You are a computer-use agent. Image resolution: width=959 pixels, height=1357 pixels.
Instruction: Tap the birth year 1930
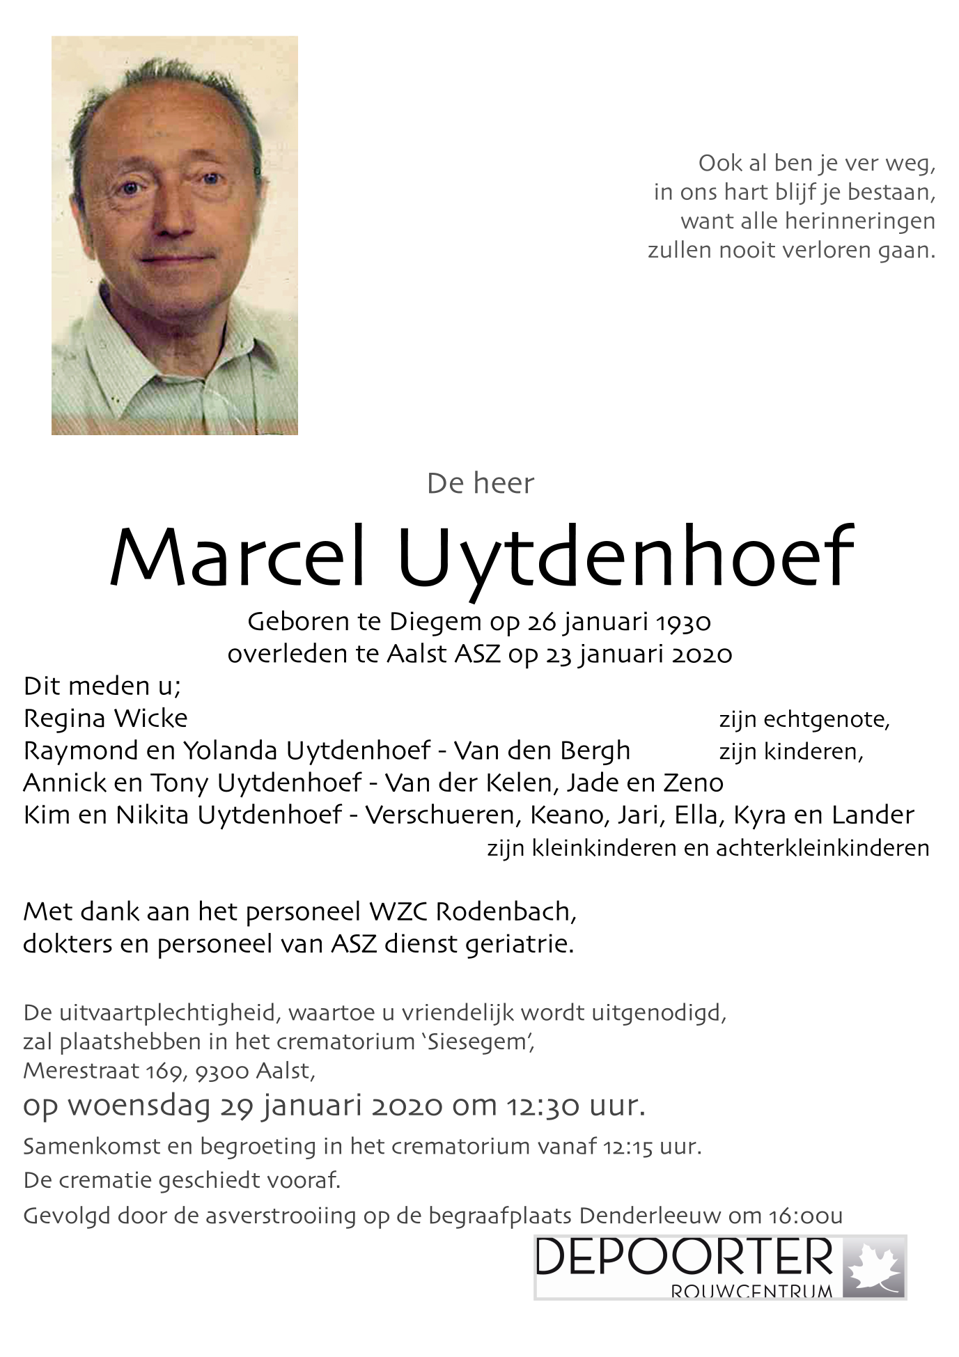point(683,622)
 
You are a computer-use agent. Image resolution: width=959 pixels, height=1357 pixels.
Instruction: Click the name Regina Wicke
point(105,719)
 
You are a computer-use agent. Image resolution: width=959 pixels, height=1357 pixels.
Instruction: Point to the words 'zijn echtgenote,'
point(804,720)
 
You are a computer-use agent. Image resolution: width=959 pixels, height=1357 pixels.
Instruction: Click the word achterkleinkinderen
point(822,848)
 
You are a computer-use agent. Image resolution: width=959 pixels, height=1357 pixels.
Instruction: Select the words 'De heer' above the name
point(480,484)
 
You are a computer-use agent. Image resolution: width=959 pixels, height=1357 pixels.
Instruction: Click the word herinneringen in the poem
point(859,221)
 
